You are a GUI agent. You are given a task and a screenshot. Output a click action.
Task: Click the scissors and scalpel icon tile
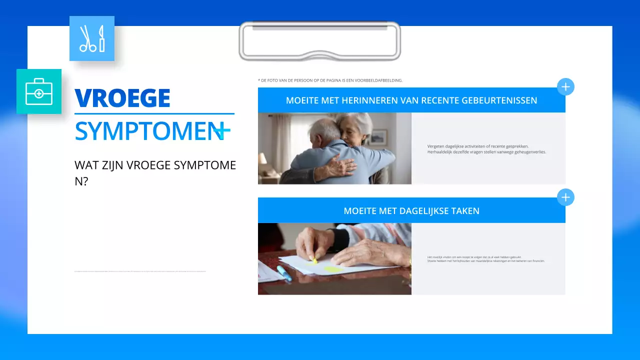(x=92, y=38)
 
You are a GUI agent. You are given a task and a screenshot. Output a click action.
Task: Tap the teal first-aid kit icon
(x=39, y=91)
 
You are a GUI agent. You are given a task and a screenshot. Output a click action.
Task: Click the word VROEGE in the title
(x=122, y=98)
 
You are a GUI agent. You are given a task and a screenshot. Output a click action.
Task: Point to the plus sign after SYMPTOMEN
(x=222, y=131)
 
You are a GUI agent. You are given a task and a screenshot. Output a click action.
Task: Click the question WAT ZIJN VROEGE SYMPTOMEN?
(x=155, y=172)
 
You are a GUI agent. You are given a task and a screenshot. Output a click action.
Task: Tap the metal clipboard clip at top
(x=320, y=41)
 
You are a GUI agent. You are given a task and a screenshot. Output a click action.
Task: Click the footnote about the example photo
(x=330, y=80)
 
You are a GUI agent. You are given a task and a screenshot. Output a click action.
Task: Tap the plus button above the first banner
(x=565, y=87)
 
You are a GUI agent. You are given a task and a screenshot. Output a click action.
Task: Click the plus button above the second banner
(x=565, y=197)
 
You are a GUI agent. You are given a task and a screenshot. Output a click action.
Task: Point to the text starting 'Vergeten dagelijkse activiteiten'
(x=477, y=146)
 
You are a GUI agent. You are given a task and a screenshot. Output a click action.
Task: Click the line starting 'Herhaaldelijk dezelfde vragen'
(x=486, y=152)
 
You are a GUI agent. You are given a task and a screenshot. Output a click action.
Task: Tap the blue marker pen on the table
(x=283, y=272)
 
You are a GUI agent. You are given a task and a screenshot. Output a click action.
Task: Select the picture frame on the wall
(x=378, y=136)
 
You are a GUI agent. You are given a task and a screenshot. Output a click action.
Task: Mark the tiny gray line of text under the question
(x=140, y=271)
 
